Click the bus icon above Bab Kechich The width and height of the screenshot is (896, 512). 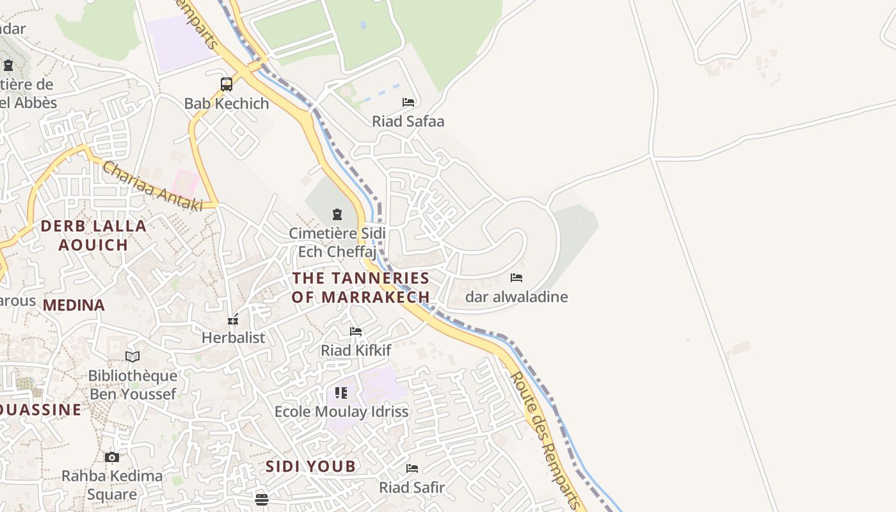pos(227,84)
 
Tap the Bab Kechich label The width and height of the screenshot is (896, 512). pos(227,104)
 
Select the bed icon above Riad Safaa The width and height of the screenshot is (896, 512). pos(408,102)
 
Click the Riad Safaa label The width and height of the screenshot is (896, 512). pos(408,121)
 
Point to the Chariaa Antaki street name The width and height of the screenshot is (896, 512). pos(152,186)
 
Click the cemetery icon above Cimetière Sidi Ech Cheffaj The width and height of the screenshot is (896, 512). pos(337,214)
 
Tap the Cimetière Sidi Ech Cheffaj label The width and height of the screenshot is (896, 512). pos(337,243)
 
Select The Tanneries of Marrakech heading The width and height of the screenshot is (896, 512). pos(361,287)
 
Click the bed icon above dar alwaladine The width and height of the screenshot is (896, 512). pos(516,278)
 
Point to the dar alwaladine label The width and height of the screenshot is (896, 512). pos(516,297)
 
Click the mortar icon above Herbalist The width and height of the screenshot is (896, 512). pos(233,319)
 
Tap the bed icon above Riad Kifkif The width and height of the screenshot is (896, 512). pos(356,332)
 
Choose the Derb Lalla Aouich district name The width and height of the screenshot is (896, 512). pos(93,235)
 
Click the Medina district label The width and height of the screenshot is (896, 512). pos(74,305)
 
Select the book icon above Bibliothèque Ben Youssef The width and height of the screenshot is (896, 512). pos(132,356)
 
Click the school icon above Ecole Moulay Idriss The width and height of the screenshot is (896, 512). pos(341,392)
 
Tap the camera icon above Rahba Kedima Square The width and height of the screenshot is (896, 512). pos(112,457)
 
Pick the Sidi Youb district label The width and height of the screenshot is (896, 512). pos(310,467)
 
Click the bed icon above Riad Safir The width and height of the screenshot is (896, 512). pos(412,468)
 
